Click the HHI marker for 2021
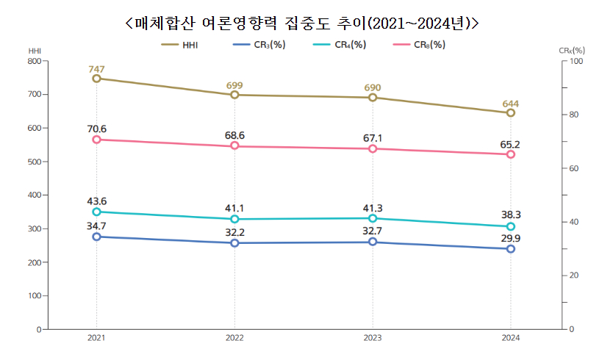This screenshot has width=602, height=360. (x=96, y=78)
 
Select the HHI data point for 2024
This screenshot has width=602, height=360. (x=511, y=112)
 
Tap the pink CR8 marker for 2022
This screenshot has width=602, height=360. (x=234, y=145)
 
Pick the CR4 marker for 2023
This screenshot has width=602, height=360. (x=373, y=218)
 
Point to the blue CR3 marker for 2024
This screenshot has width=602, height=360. (x=511, y=249)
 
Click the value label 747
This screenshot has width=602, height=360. (x=96, y=69)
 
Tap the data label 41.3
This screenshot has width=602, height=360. (x=373, y=207)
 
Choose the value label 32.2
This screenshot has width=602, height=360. (x=234, y=231)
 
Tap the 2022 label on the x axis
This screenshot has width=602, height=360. (x=234, y=338)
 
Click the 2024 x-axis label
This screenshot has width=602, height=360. (x=511, y=338)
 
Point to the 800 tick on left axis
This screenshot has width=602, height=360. (x=34, y=61)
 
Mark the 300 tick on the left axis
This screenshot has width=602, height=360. (x=34, y=228)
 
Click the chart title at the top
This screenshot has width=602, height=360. (x=301, y=23)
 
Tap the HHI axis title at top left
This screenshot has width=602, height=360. (x=34, y=50)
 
